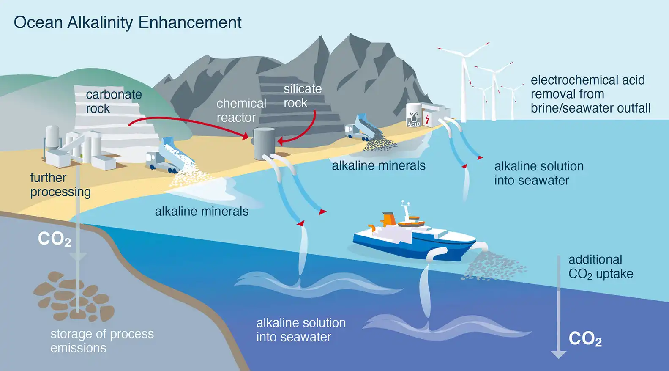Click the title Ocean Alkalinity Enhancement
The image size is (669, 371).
click(x=128, y=23)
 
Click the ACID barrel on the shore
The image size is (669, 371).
click(x=414, y=115)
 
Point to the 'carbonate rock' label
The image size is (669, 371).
click(x=114, y=102)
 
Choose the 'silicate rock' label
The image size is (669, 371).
click(x=303, y=96)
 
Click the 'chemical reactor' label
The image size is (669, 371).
click(x=241, y=110)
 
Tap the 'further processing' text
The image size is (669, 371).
click(x=60, y=185)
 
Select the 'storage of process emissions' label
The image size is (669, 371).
click(x=102, y=341)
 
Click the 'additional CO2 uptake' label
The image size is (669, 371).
click(x=601, y=267)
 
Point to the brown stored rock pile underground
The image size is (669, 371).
click(x=74, y=296)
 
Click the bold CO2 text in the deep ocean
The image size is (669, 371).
click(x=585, y=339)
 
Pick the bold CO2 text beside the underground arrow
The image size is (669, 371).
click(x=55, y=239)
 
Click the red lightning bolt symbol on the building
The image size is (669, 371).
click(x=427, y=119)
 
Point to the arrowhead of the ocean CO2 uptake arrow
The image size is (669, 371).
click(x=559, y=354)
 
